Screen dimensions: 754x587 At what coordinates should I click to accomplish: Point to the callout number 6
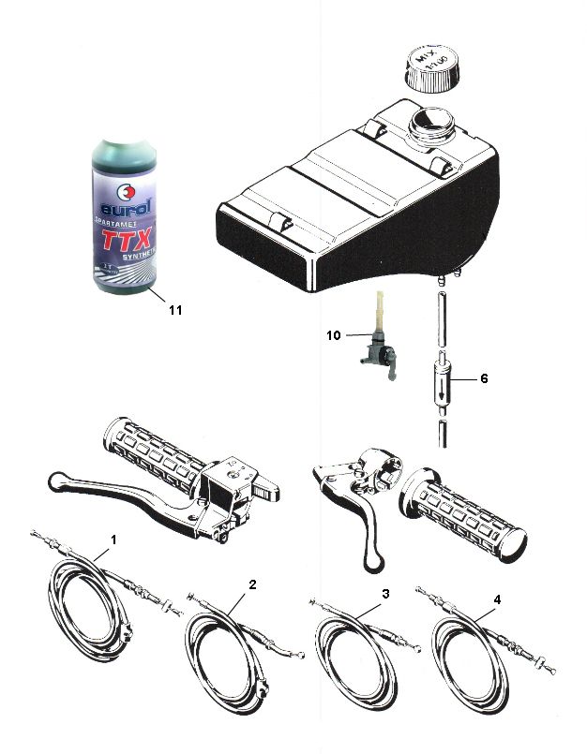(x=484, y=378)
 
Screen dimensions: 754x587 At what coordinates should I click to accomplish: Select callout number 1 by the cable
(x=114, y=540)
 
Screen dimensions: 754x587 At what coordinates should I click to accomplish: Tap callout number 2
(x=252, y=584)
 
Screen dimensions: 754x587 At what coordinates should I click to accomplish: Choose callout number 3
(x=384, y=594)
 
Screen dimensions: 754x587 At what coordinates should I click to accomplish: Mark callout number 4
(x=497, y=599)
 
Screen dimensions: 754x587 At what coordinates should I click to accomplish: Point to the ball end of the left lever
(x=53, y=481)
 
